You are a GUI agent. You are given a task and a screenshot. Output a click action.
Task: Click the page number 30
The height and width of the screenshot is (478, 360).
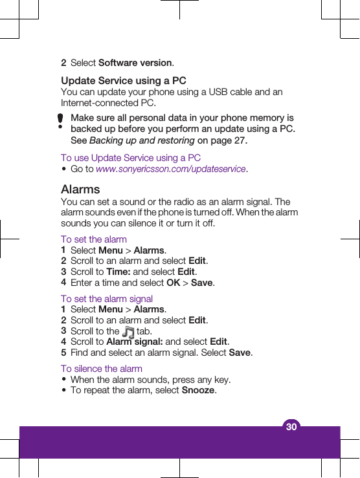point(291,427)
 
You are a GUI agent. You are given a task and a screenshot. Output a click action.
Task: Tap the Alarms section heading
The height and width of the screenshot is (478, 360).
point(80,190)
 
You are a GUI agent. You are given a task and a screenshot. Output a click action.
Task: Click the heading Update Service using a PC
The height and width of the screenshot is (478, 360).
point(123,81)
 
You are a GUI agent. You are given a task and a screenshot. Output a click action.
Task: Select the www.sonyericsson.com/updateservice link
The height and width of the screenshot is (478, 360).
point(171,169)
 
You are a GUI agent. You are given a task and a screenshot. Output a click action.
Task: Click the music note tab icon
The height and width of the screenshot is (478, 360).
point(128,332)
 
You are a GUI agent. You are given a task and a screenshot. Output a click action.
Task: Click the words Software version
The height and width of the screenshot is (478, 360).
point(135,63)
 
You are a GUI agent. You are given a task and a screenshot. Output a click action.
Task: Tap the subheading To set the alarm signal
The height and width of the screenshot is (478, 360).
point(107,299)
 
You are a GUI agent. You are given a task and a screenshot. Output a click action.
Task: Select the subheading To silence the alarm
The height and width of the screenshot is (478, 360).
point(102,369)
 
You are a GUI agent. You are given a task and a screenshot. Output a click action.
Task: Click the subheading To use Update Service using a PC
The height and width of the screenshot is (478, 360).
point(130,158)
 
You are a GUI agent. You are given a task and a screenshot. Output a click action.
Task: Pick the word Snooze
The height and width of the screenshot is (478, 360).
point(199,390)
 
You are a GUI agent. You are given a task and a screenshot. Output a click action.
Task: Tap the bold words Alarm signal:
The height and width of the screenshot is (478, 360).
point(135,342)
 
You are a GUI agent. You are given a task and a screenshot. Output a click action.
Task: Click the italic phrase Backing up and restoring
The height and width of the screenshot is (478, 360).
point(142,140)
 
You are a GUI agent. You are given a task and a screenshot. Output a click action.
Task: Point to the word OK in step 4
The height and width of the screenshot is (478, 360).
point(174,283)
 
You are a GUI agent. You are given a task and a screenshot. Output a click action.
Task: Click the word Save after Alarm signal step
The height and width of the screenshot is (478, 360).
point(240,353)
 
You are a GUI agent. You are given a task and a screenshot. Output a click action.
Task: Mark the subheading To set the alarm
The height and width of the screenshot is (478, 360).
point(94,239)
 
